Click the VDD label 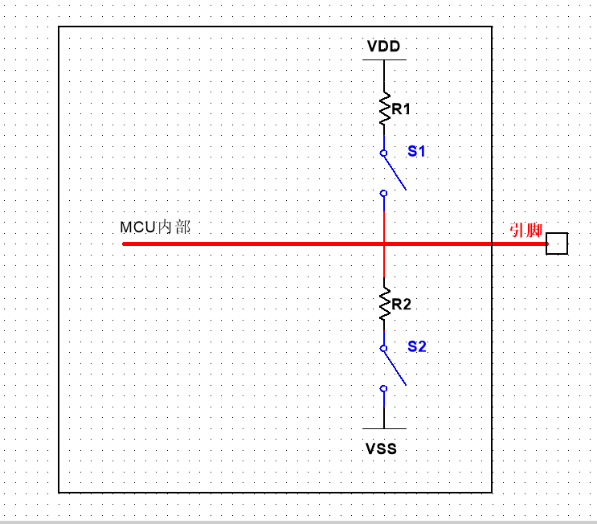383,46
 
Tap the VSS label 382,448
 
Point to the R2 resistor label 402,305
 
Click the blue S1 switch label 417,150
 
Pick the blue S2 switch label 417,346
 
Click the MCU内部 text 155,227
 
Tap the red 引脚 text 526,231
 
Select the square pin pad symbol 557,243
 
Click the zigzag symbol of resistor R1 384,108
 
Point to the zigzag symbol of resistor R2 384,304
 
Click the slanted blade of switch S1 395,171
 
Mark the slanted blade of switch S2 395,367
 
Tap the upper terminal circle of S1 384,153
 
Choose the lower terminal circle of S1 384,193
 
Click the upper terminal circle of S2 384,349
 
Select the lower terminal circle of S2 384,388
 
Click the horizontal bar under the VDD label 384,59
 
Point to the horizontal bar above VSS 384,428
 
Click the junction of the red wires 384,243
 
